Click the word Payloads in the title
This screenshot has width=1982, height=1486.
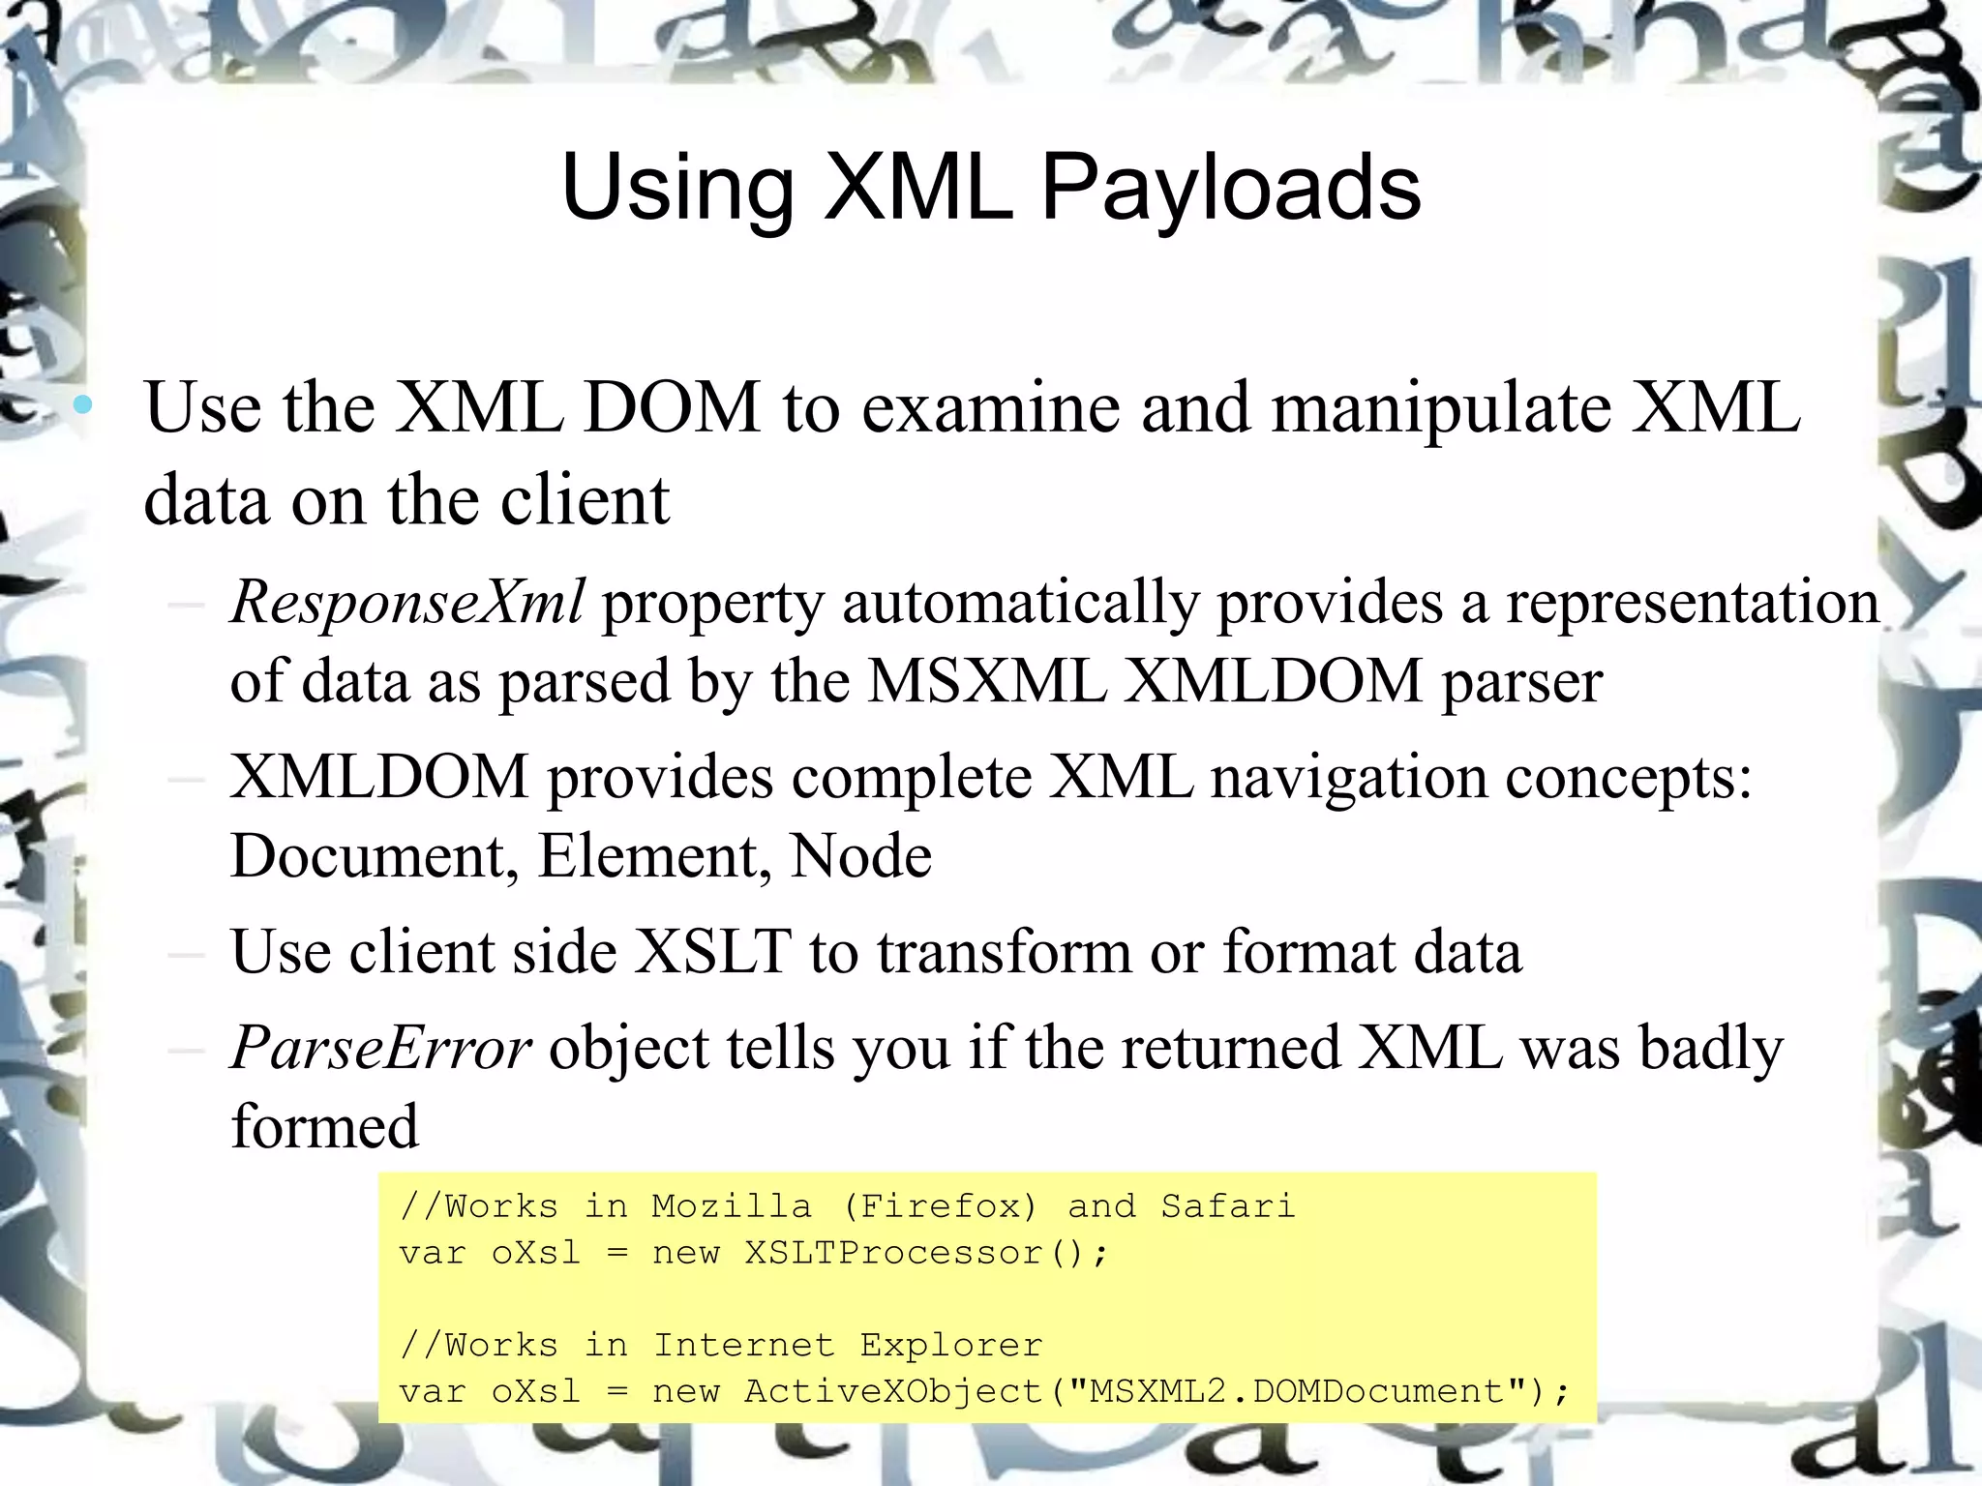tap(1230, 189)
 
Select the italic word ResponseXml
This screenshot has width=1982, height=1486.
tap(407, 603)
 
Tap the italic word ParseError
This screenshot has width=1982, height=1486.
tap(380, 1049)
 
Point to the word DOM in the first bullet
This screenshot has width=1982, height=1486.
tap(672, 407)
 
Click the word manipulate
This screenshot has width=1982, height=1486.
tap(1441, 407)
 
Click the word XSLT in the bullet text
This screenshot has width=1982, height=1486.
tap(713, 952)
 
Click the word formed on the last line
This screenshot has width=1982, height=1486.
tap(325, 1127)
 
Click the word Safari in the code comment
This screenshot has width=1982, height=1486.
tap(1227, 1207)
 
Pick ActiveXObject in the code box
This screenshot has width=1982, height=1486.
tap(893, 1392)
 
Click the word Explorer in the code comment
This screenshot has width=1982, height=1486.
tap(950, 1346)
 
